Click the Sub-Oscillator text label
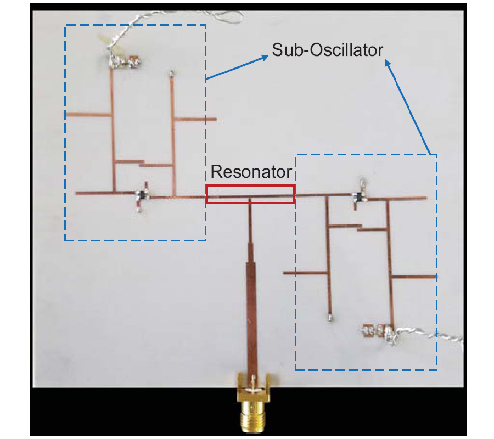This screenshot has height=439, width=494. (327, 50)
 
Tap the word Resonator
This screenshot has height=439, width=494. (251, 172)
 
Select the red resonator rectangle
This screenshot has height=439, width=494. (250, 187)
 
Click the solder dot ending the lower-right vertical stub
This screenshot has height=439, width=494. (330, 317)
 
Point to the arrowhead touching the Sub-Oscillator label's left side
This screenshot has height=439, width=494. (266, 57)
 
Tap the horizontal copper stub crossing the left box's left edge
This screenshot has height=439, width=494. (88, 115)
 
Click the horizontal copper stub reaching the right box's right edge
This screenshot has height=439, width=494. (414, 276)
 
